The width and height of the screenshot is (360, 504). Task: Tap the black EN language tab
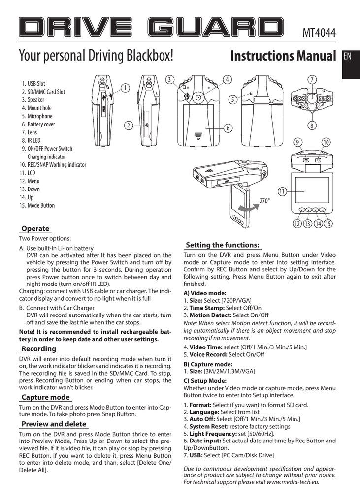(348, 56)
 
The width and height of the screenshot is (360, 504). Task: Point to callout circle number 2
(128, 126)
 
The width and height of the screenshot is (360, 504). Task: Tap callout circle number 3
(169, 79)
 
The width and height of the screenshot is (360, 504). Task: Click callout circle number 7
(311, 79)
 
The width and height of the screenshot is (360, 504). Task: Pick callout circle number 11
(282, 190)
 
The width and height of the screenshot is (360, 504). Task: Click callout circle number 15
(328, 224)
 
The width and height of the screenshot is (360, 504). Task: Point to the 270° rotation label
(265, 201)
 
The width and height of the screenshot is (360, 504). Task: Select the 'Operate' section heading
(35, 228)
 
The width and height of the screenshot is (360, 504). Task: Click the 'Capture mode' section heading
(46, 397)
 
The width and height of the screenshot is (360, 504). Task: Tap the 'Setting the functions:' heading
(223, 245)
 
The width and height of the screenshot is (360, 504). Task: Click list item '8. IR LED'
(33, 140)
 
